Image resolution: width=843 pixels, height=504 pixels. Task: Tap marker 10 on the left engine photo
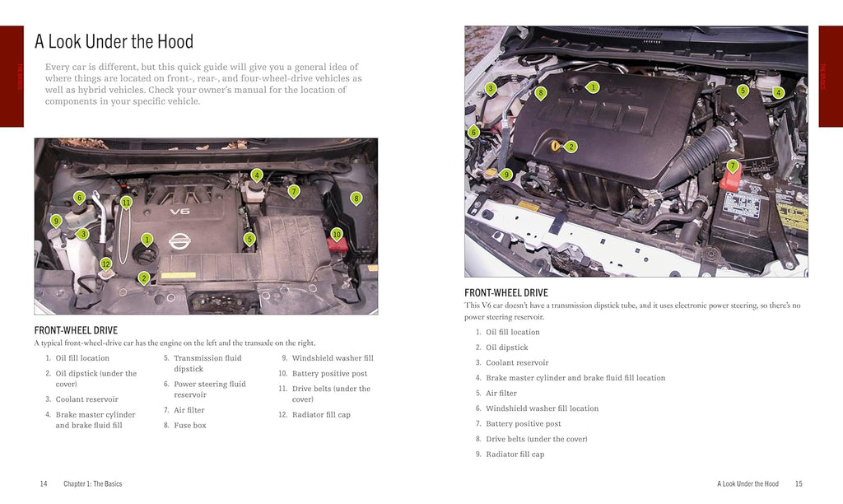337,235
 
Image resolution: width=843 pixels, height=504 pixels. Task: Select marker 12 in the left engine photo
105,264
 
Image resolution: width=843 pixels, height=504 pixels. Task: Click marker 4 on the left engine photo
257,175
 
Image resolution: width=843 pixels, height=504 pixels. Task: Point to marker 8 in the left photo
356,198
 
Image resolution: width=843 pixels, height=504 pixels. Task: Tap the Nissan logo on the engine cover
179,240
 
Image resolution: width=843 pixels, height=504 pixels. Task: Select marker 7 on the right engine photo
733,166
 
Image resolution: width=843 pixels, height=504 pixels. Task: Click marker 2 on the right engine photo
571,147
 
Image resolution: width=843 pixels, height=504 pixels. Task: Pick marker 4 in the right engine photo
778,93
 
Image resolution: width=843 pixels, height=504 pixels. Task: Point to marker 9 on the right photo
506,174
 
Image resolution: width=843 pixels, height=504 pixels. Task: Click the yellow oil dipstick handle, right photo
557,147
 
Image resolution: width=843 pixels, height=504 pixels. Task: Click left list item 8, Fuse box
189,426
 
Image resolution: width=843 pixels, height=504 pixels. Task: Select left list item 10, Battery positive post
329,373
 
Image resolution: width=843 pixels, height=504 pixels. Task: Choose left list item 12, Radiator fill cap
321,414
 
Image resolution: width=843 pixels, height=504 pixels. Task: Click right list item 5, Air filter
501,393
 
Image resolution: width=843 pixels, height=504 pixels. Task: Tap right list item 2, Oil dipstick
506,348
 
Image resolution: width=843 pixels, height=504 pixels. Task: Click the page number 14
44,484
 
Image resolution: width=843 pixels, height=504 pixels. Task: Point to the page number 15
799,484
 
